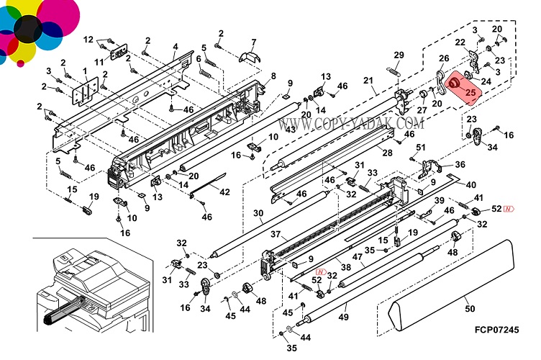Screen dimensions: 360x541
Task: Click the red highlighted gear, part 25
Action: point(455,84)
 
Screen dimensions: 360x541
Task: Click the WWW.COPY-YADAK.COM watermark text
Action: point(348,125)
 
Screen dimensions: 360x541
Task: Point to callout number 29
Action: point(399,55)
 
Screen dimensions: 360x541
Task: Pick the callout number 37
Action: point(275,235)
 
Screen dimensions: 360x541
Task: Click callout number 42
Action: point(224,192)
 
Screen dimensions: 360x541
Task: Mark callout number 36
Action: point(460,164)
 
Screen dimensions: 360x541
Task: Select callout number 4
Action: point(174,47)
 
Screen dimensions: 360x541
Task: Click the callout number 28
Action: point(387,153)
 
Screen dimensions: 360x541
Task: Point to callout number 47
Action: point(358,257)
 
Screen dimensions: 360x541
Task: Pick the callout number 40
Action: point(470,184)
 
